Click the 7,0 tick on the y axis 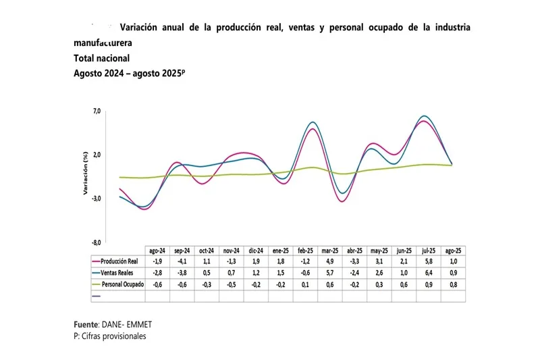point(97,111)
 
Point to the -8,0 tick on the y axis point(97,242)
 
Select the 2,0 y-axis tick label point(97,155)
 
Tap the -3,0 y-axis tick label point(97,199)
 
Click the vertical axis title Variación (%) point(86,177)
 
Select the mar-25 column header point(330,250)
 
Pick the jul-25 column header point(429,250)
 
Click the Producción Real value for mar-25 point(330,261)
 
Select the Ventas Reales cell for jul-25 point(429,273)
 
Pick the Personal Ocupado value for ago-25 point(454,284)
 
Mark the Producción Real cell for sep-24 point(182,261)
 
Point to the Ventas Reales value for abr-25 point(355,273)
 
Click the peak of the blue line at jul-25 point(423,116)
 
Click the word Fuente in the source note point(86,325)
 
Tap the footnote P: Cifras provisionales point(110,336)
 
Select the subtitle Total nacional point(101,58)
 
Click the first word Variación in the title point(140,28)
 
